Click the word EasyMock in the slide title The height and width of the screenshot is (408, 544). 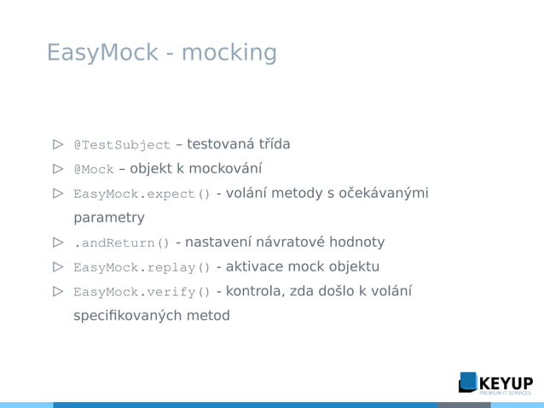102,53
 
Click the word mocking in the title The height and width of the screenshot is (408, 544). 229,53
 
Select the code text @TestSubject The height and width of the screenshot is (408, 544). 122,145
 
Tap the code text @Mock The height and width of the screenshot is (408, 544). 94,170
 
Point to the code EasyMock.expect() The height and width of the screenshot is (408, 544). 142,195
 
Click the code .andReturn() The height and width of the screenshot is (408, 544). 121,243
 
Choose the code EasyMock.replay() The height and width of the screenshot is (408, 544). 142,268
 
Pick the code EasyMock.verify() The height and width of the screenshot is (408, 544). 142,293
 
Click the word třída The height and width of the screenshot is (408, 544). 271,144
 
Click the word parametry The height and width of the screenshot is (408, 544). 109,219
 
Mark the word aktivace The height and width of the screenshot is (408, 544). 255,267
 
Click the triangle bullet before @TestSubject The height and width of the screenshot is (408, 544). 58,144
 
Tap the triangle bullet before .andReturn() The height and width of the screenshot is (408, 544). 58,242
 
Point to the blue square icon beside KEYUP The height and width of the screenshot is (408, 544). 468,382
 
